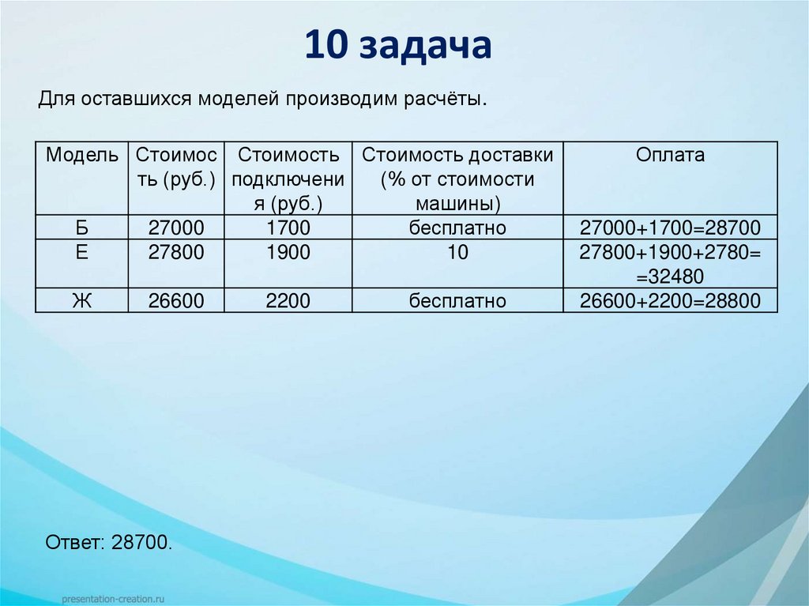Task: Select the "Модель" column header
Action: [x=82, y=155]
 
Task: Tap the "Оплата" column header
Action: [x=670, y=155]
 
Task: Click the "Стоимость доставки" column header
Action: [x=457, y=155]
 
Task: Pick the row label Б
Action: [x=82, y=229]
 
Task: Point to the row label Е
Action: [x=82, y=254]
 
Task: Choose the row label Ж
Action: [x=82, y=301]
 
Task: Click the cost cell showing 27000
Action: [x=176, y=229]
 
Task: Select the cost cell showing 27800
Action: [x=176, y=254]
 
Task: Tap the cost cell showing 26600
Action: [x=176, y=301]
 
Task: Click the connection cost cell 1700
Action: [x=288, y=229]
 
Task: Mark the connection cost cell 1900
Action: [x=288, y=254]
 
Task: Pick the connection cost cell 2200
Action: [x=288, y=301]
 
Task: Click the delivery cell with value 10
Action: [x=457, y=254]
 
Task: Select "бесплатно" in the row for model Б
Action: [x=457, y=229]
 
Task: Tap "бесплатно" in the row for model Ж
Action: [x=457, y=301]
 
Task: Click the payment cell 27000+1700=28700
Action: [x=670, y=229]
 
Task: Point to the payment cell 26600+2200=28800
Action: [x=670, y=301]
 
